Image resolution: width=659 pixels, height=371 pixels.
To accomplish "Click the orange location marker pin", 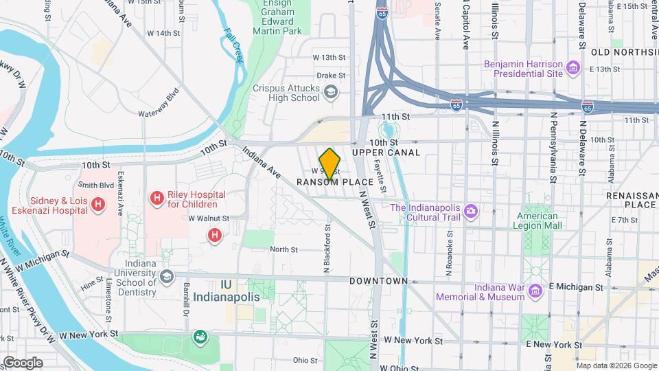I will tap(329, 164).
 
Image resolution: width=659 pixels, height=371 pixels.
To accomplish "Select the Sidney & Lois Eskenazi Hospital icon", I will tap(97, 204).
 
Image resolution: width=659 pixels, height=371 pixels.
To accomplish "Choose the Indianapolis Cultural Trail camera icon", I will tap(471, 210).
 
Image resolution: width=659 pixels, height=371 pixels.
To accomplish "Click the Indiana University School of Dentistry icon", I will tap(165, 276).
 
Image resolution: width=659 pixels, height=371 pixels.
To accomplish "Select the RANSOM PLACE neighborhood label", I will tap(335, 182).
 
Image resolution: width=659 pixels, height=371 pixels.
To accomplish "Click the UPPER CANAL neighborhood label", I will tap(380, 152).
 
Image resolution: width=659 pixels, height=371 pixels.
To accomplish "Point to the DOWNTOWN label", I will tap(378, 281).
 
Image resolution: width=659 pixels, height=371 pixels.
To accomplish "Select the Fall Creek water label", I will tap(233, 45).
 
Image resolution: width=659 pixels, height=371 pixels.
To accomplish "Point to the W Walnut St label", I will tap(209, 218).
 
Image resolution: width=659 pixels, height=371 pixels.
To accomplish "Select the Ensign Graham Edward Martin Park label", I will tap(282, 17).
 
